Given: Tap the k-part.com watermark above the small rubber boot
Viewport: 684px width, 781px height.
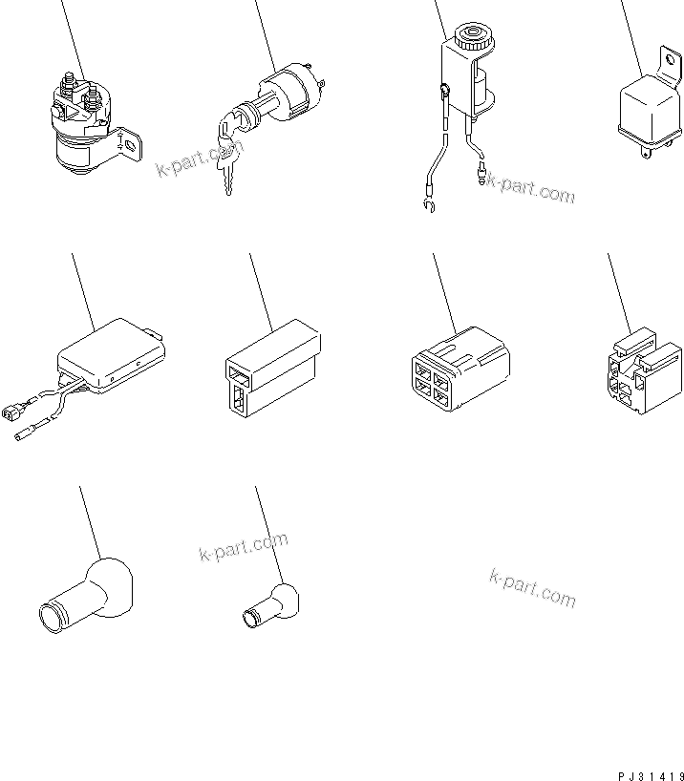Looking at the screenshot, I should click(x=243, y=548).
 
